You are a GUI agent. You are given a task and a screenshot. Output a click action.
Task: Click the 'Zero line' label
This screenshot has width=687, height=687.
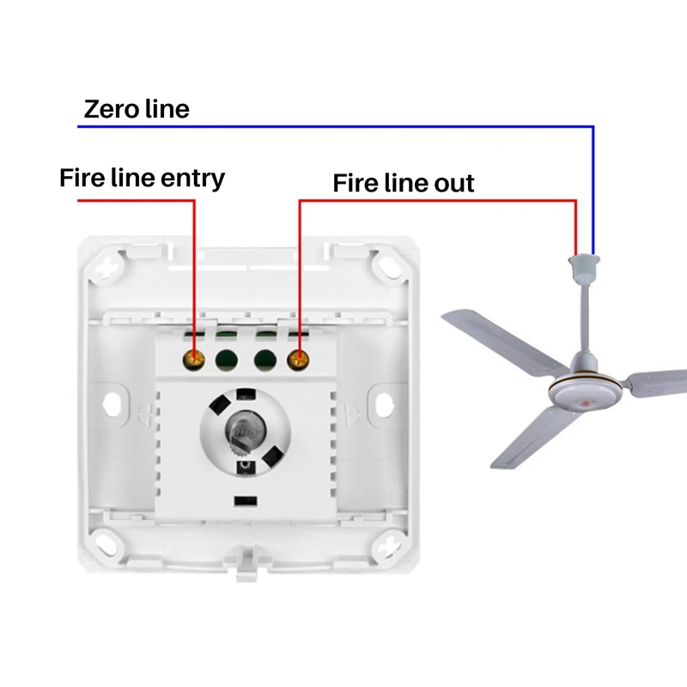pos(137,109)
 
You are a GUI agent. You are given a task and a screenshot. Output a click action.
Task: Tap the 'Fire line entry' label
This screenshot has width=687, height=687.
pos(142,178)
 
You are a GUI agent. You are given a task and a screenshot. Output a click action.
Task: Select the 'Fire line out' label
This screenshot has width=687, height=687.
pos(404,183)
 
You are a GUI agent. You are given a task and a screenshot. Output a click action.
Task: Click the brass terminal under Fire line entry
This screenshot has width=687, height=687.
pos(194,360)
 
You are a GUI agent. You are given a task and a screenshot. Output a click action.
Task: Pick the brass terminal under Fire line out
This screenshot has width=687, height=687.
pos(298,360)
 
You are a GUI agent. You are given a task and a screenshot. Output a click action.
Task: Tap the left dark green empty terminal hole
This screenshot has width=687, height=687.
pos(227,360)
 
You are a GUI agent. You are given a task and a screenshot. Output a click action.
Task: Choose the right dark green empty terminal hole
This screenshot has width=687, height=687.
pos(265,360)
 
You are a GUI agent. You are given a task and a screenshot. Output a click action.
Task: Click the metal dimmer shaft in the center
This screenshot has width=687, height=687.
pos(240,432)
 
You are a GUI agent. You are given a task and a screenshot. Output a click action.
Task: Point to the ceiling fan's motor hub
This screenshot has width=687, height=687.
pos(586,390)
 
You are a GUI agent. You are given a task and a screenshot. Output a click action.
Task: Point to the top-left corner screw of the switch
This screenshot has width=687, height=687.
pos(107,266)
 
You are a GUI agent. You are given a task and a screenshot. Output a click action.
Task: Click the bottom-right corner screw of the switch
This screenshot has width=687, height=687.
pos(387,544)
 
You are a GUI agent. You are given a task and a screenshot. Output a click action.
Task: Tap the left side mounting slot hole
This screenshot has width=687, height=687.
pos(112,404)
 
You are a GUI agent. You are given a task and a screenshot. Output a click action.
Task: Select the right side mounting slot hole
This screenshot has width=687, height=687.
pos(384,404)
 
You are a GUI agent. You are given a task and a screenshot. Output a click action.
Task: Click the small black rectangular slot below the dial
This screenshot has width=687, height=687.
pos(246,501)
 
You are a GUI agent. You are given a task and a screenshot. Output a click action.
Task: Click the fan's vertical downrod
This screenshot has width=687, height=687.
pos(585,315)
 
